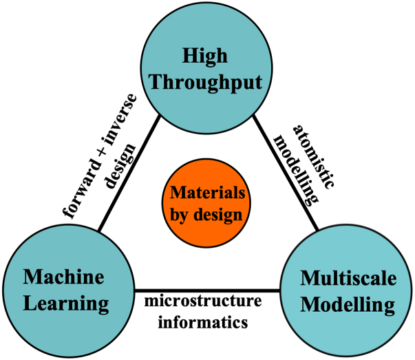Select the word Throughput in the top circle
(x=206, y=82)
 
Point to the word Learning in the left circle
(x=65, y=304)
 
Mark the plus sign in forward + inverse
(x=104, y=145)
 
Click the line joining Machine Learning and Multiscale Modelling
(x=206, y=289)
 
